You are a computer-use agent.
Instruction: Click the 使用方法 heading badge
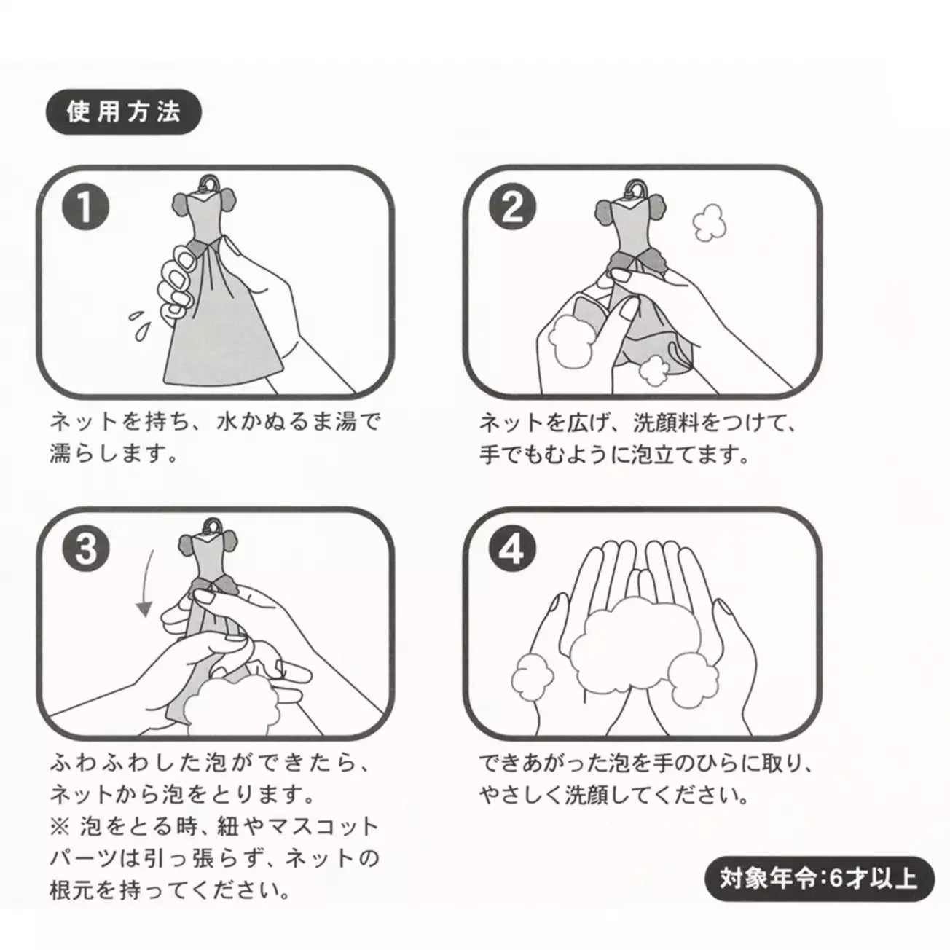(123, 113)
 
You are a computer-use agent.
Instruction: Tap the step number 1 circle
(86, 208)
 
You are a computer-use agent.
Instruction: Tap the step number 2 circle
(513, 208)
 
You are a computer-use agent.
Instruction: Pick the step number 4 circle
(513, 549)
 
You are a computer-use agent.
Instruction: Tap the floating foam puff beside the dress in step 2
(704, 221)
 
